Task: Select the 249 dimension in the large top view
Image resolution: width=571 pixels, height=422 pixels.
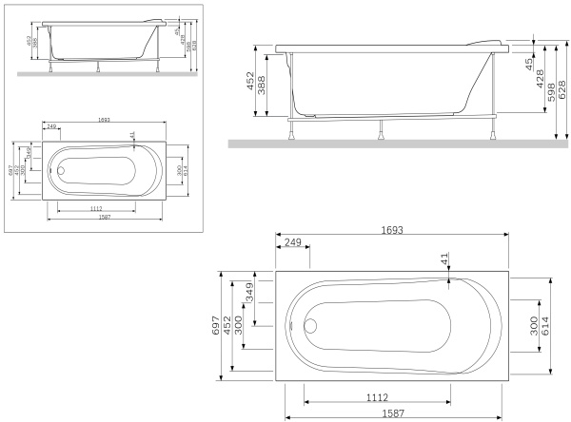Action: tap(292, 243)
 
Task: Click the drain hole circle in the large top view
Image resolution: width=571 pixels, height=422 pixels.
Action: tap(308, 324)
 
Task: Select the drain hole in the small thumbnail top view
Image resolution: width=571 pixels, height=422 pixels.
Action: tap(60, 172)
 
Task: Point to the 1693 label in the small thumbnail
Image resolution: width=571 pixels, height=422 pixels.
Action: tap(102, 120)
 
